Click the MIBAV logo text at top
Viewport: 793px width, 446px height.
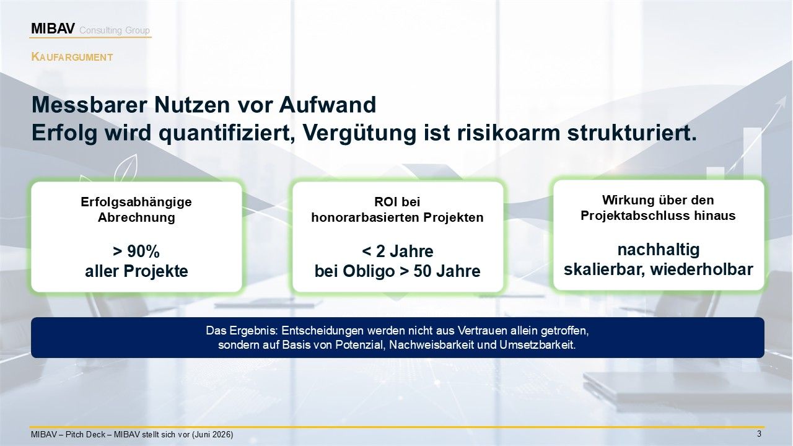[x=53, y=28]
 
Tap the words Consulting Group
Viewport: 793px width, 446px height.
[x=115, y=30]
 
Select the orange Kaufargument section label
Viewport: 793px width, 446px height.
[x=72, y=57]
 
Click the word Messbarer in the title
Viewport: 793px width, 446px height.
[x=89, y=105]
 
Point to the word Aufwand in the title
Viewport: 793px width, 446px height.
[x=328, y=105]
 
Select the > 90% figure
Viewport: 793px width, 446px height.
[x=136, y=251]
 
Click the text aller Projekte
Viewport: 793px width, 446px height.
[x=136, y=271]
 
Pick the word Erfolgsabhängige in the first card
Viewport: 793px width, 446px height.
[x=136, y=202]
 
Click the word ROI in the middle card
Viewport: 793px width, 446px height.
[x=383, y=202]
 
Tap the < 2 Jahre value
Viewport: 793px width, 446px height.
[x=398, y=251]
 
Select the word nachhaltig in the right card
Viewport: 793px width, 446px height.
[x=659, y=250]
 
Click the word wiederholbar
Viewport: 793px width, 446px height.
[x=702, y=269]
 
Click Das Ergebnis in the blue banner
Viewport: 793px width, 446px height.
[x=242, y=331]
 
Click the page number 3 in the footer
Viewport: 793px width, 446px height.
[x=759, y=434]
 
